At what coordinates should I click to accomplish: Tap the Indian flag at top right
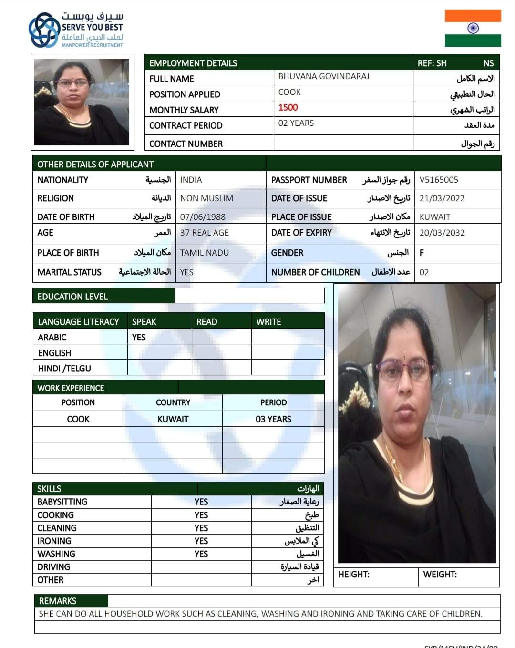click(x=473, y=28)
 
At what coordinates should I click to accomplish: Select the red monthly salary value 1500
click(x=288, y=108)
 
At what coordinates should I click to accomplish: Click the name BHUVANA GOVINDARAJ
click(x=324, y=76)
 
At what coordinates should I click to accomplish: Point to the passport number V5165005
click(x=439, y=180)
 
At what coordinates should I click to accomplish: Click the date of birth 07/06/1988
click(x=203, y=217)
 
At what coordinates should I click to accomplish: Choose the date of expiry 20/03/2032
click(x=442, y=233)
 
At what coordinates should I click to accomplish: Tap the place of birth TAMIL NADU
click(x=205, y=253)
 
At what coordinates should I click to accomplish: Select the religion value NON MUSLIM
click(x=206, y=198)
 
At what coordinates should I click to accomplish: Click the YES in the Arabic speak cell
click(x=139, y=338)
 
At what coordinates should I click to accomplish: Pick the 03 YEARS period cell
click(x=273, y=419)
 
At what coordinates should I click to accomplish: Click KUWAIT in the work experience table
click(x=173, y=419)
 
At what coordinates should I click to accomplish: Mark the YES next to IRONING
click(x=201, y=541)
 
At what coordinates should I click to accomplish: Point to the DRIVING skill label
click(x=54, y=567)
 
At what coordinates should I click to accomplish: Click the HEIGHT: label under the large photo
click(x=354, y=575)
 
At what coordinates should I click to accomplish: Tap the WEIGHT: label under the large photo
click(x=440, y=575)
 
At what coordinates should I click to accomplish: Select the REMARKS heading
click(x=58, y=601)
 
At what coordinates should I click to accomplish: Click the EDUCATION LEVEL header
click(x=72, y=297)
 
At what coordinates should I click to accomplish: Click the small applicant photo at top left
click(x=82, y=102)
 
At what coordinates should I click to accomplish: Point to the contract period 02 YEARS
click(x=296, y=123)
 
